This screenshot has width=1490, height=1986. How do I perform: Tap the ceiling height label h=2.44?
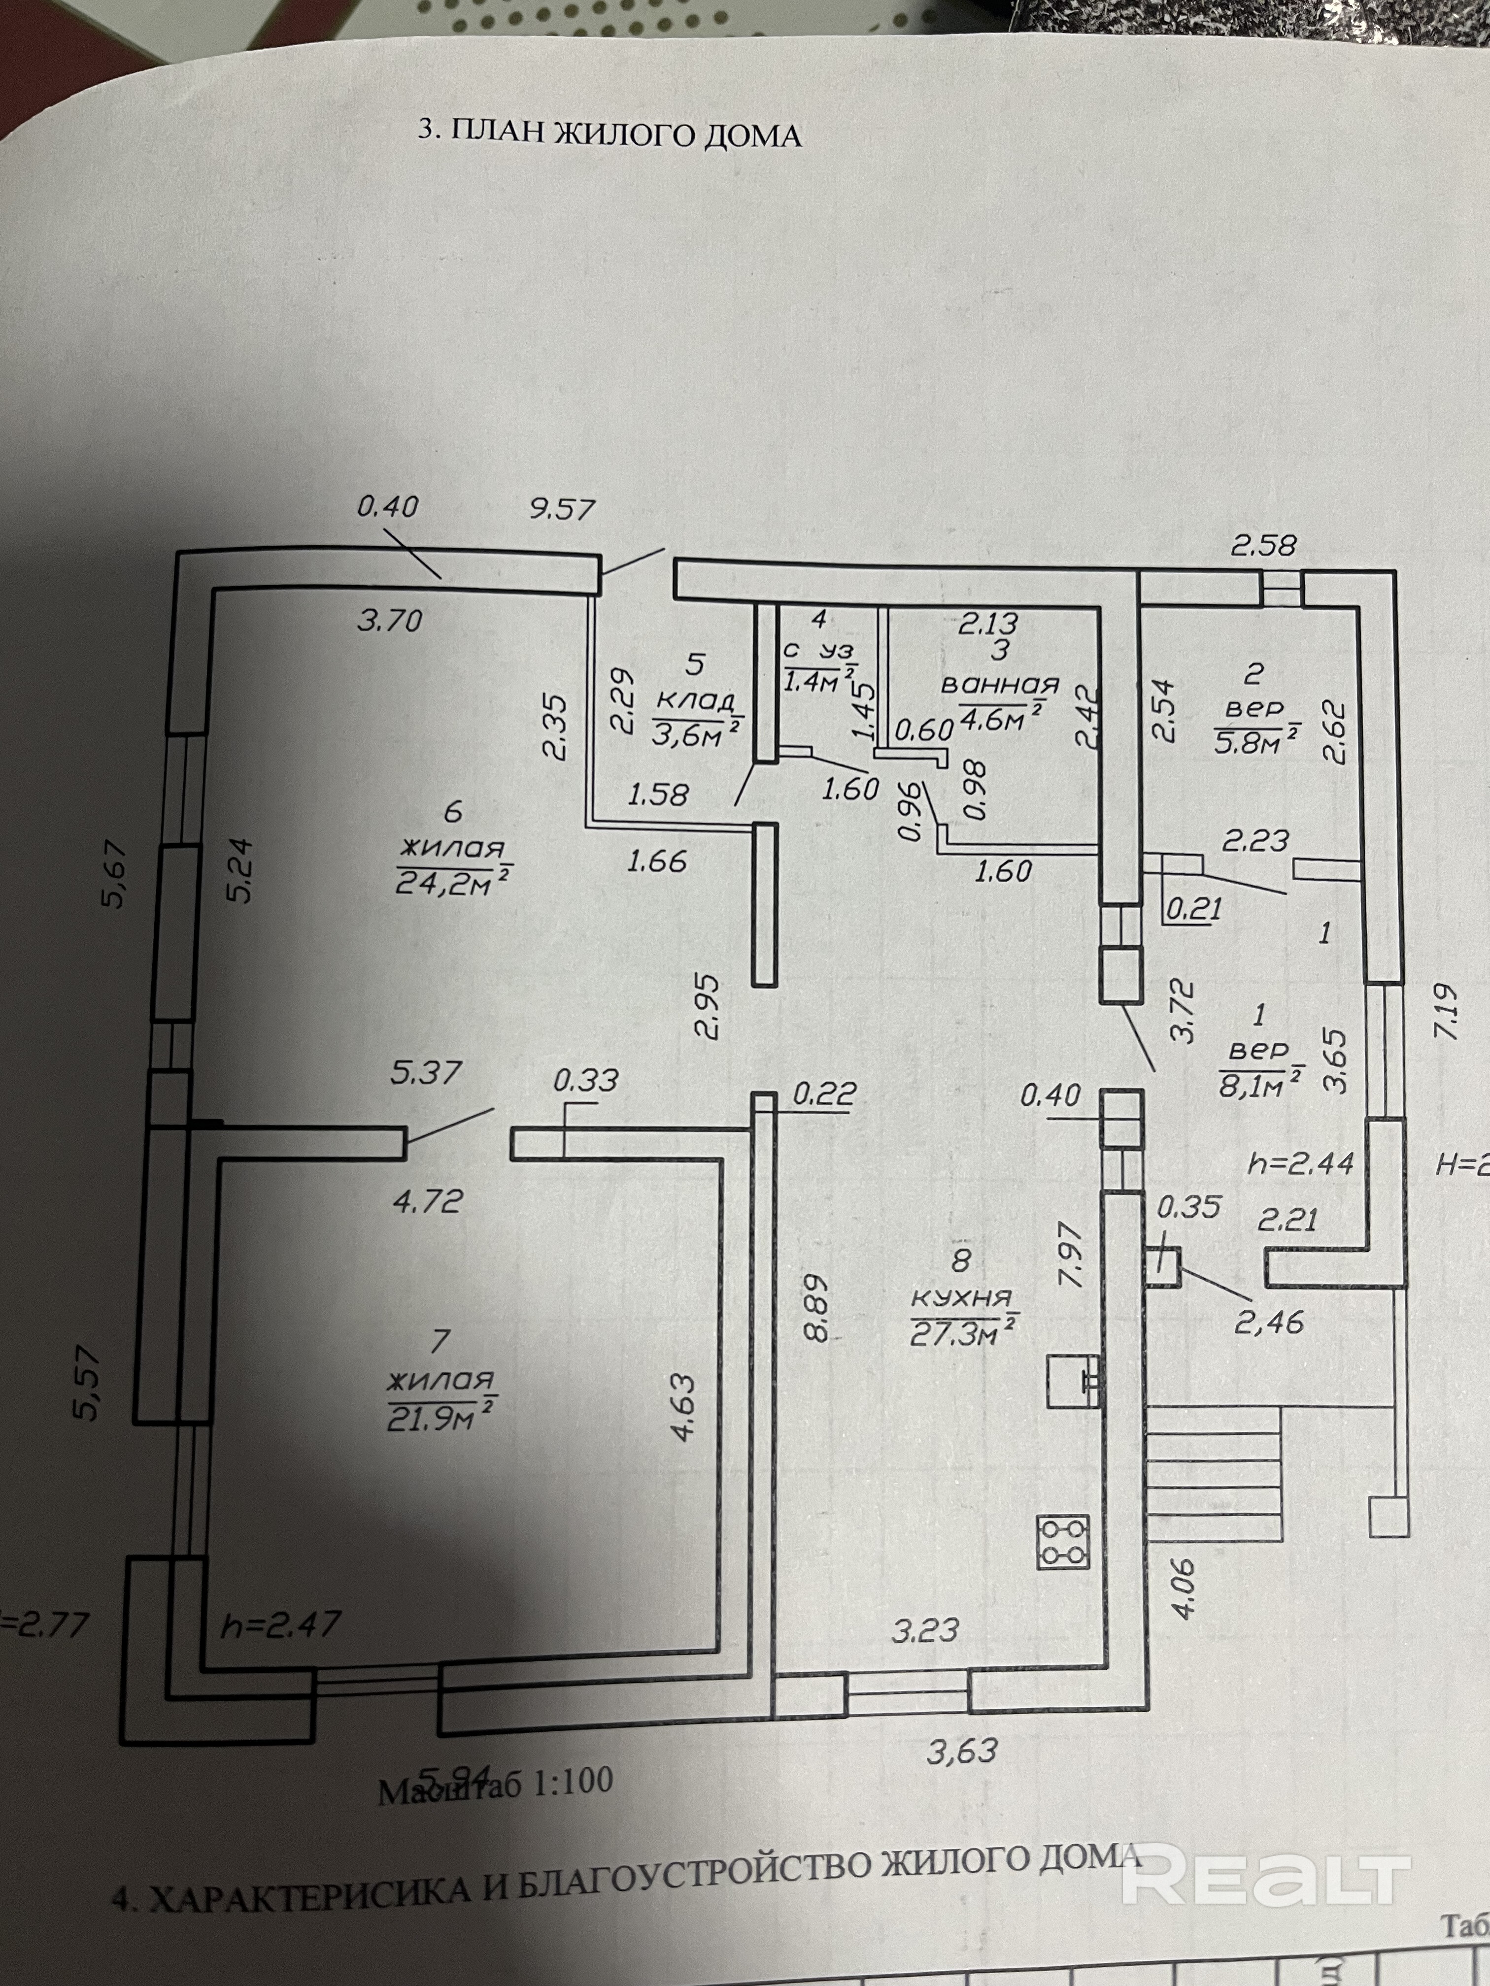tap(1300, 1164)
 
